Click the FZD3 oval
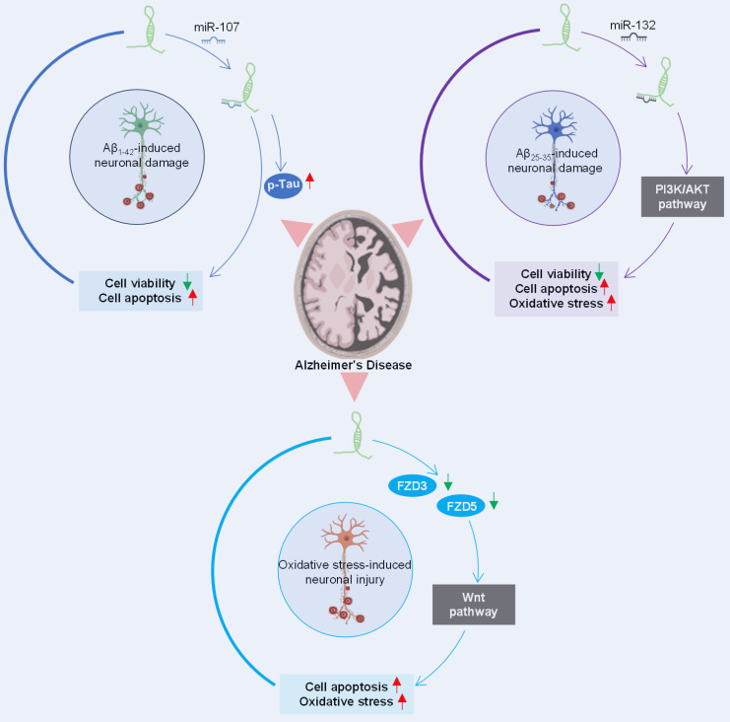408,484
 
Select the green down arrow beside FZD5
495,505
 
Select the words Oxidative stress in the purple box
555,303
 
